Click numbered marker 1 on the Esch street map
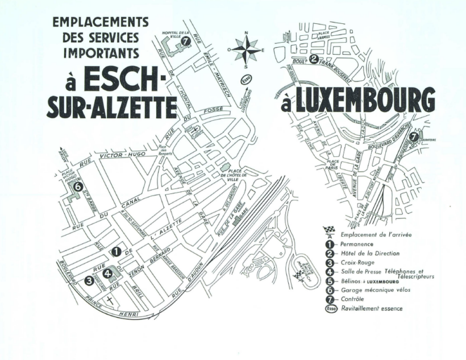pos(115,251)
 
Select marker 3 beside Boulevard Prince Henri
pos(89,280)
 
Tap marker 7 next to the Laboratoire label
pos(413,136)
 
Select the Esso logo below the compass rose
pos(246,80)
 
